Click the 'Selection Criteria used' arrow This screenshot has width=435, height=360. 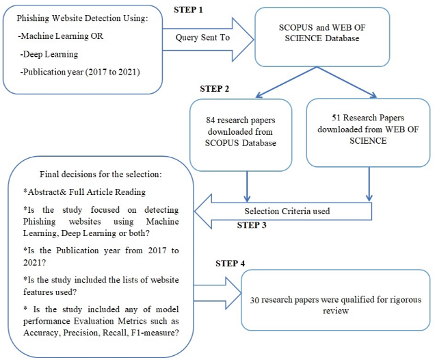coord(287,211)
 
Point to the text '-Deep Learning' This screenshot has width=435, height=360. coord(50,53)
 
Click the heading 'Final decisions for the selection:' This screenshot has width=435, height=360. coord(100,174)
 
